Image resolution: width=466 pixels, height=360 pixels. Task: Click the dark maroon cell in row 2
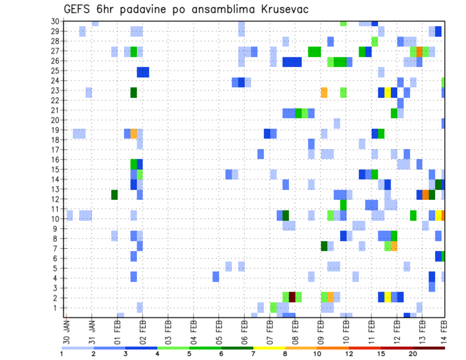coord(292,296)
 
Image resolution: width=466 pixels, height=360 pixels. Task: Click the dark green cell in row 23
coord(133,92)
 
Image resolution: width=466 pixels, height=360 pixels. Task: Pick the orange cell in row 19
coord(133,133)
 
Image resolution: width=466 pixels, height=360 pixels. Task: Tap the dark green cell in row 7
coord(324,246)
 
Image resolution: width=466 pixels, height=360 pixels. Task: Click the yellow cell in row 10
coord(438,215)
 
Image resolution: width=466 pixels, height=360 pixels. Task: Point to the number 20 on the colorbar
coord(413,353)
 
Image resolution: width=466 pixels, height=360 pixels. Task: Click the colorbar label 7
coord(253,353)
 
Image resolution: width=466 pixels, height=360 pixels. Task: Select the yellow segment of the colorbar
coord(269,347)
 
